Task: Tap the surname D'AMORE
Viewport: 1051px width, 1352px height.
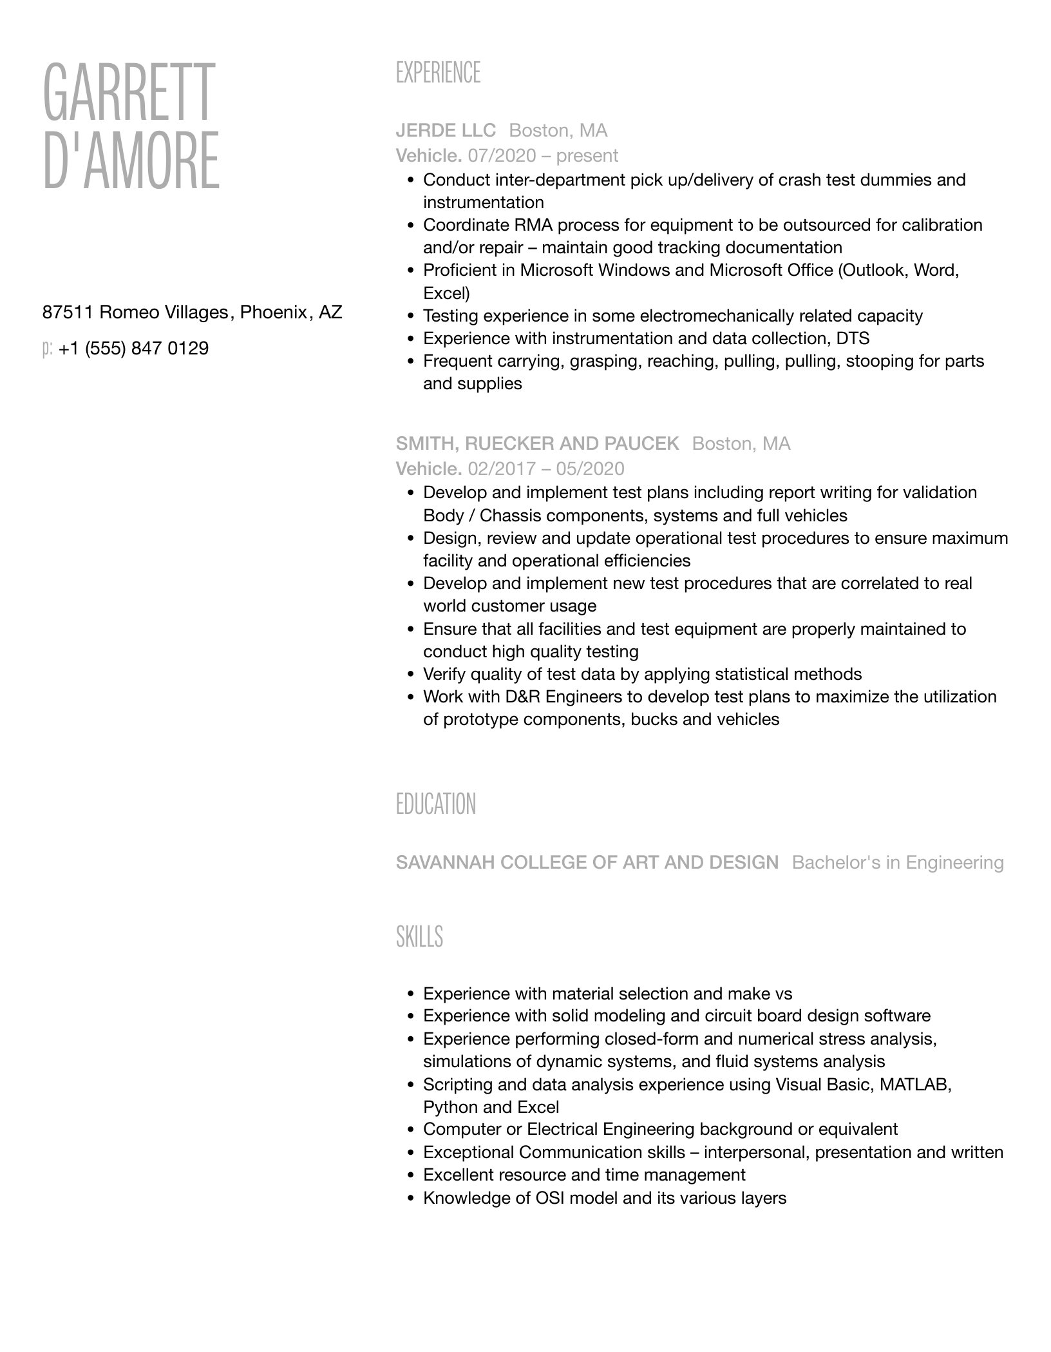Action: point(131,160)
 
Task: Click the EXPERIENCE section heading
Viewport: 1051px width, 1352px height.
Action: point(438,73)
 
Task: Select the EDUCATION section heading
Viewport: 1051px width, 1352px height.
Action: point(436,804)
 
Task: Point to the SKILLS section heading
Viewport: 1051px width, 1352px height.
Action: point(419,936)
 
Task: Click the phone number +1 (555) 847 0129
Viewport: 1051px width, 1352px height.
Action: point(133,349)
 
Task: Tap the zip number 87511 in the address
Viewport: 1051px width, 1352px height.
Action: point(68,313)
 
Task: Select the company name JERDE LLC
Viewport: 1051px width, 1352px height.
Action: point(446,131)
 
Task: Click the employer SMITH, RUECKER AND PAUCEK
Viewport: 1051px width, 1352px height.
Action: point(537,443)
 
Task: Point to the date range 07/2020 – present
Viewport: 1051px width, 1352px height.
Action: point(543,155)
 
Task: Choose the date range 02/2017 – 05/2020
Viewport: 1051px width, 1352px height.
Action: point(546,468)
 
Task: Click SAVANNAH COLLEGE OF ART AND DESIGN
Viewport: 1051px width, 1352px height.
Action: point(587,862)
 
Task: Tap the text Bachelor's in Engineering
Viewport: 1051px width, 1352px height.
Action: point(898,862)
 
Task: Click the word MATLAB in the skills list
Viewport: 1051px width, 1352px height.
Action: point(915,1084)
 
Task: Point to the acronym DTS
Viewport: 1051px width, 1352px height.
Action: point(853,338)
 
